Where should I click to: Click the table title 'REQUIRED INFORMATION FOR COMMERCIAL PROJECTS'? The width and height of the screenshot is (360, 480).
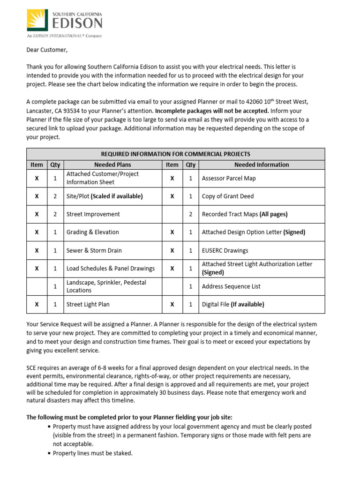coord(175,154)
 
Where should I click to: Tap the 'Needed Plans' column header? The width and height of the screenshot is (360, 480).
coord(112,165)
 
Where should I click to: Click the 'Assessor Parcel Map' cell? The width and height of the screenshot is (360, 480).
coord(229,178)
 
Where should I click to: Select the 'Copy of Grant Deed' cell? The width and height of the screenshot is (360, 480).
coord(227,196)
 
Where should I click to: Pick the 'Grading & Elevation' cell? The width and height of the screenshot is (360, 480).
coord(93,232)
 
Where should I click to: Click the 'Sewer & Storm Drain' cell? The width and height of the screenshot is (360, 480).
coord(94,250)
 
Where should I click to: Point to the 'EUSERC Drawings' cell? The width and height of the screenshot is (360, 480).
coord(225,250)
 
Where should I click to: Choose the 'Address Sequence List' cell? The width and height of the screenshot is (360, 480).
coord(231,286)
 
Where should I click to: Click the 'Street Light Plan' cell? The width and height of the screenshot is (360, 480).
coord(88,304)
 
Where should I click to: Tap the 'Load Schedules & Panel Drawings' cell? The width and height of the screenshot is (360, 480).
coord(111,269)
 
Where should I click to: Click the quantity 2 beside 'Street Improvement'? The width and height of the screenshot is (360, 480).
coord(55,214)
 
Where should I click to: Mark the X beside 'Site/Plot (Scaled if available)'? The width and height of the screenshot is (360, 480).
coord(37,196)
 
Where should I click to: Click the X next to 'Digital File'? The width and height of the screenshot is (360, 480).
coord(172,304)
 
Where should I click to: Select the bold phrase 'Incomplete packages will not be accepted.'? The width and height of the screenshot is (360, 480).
coord(212,111)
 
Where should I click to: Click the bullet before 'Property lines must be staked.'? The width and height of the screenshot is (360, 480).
coord(50,453)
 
